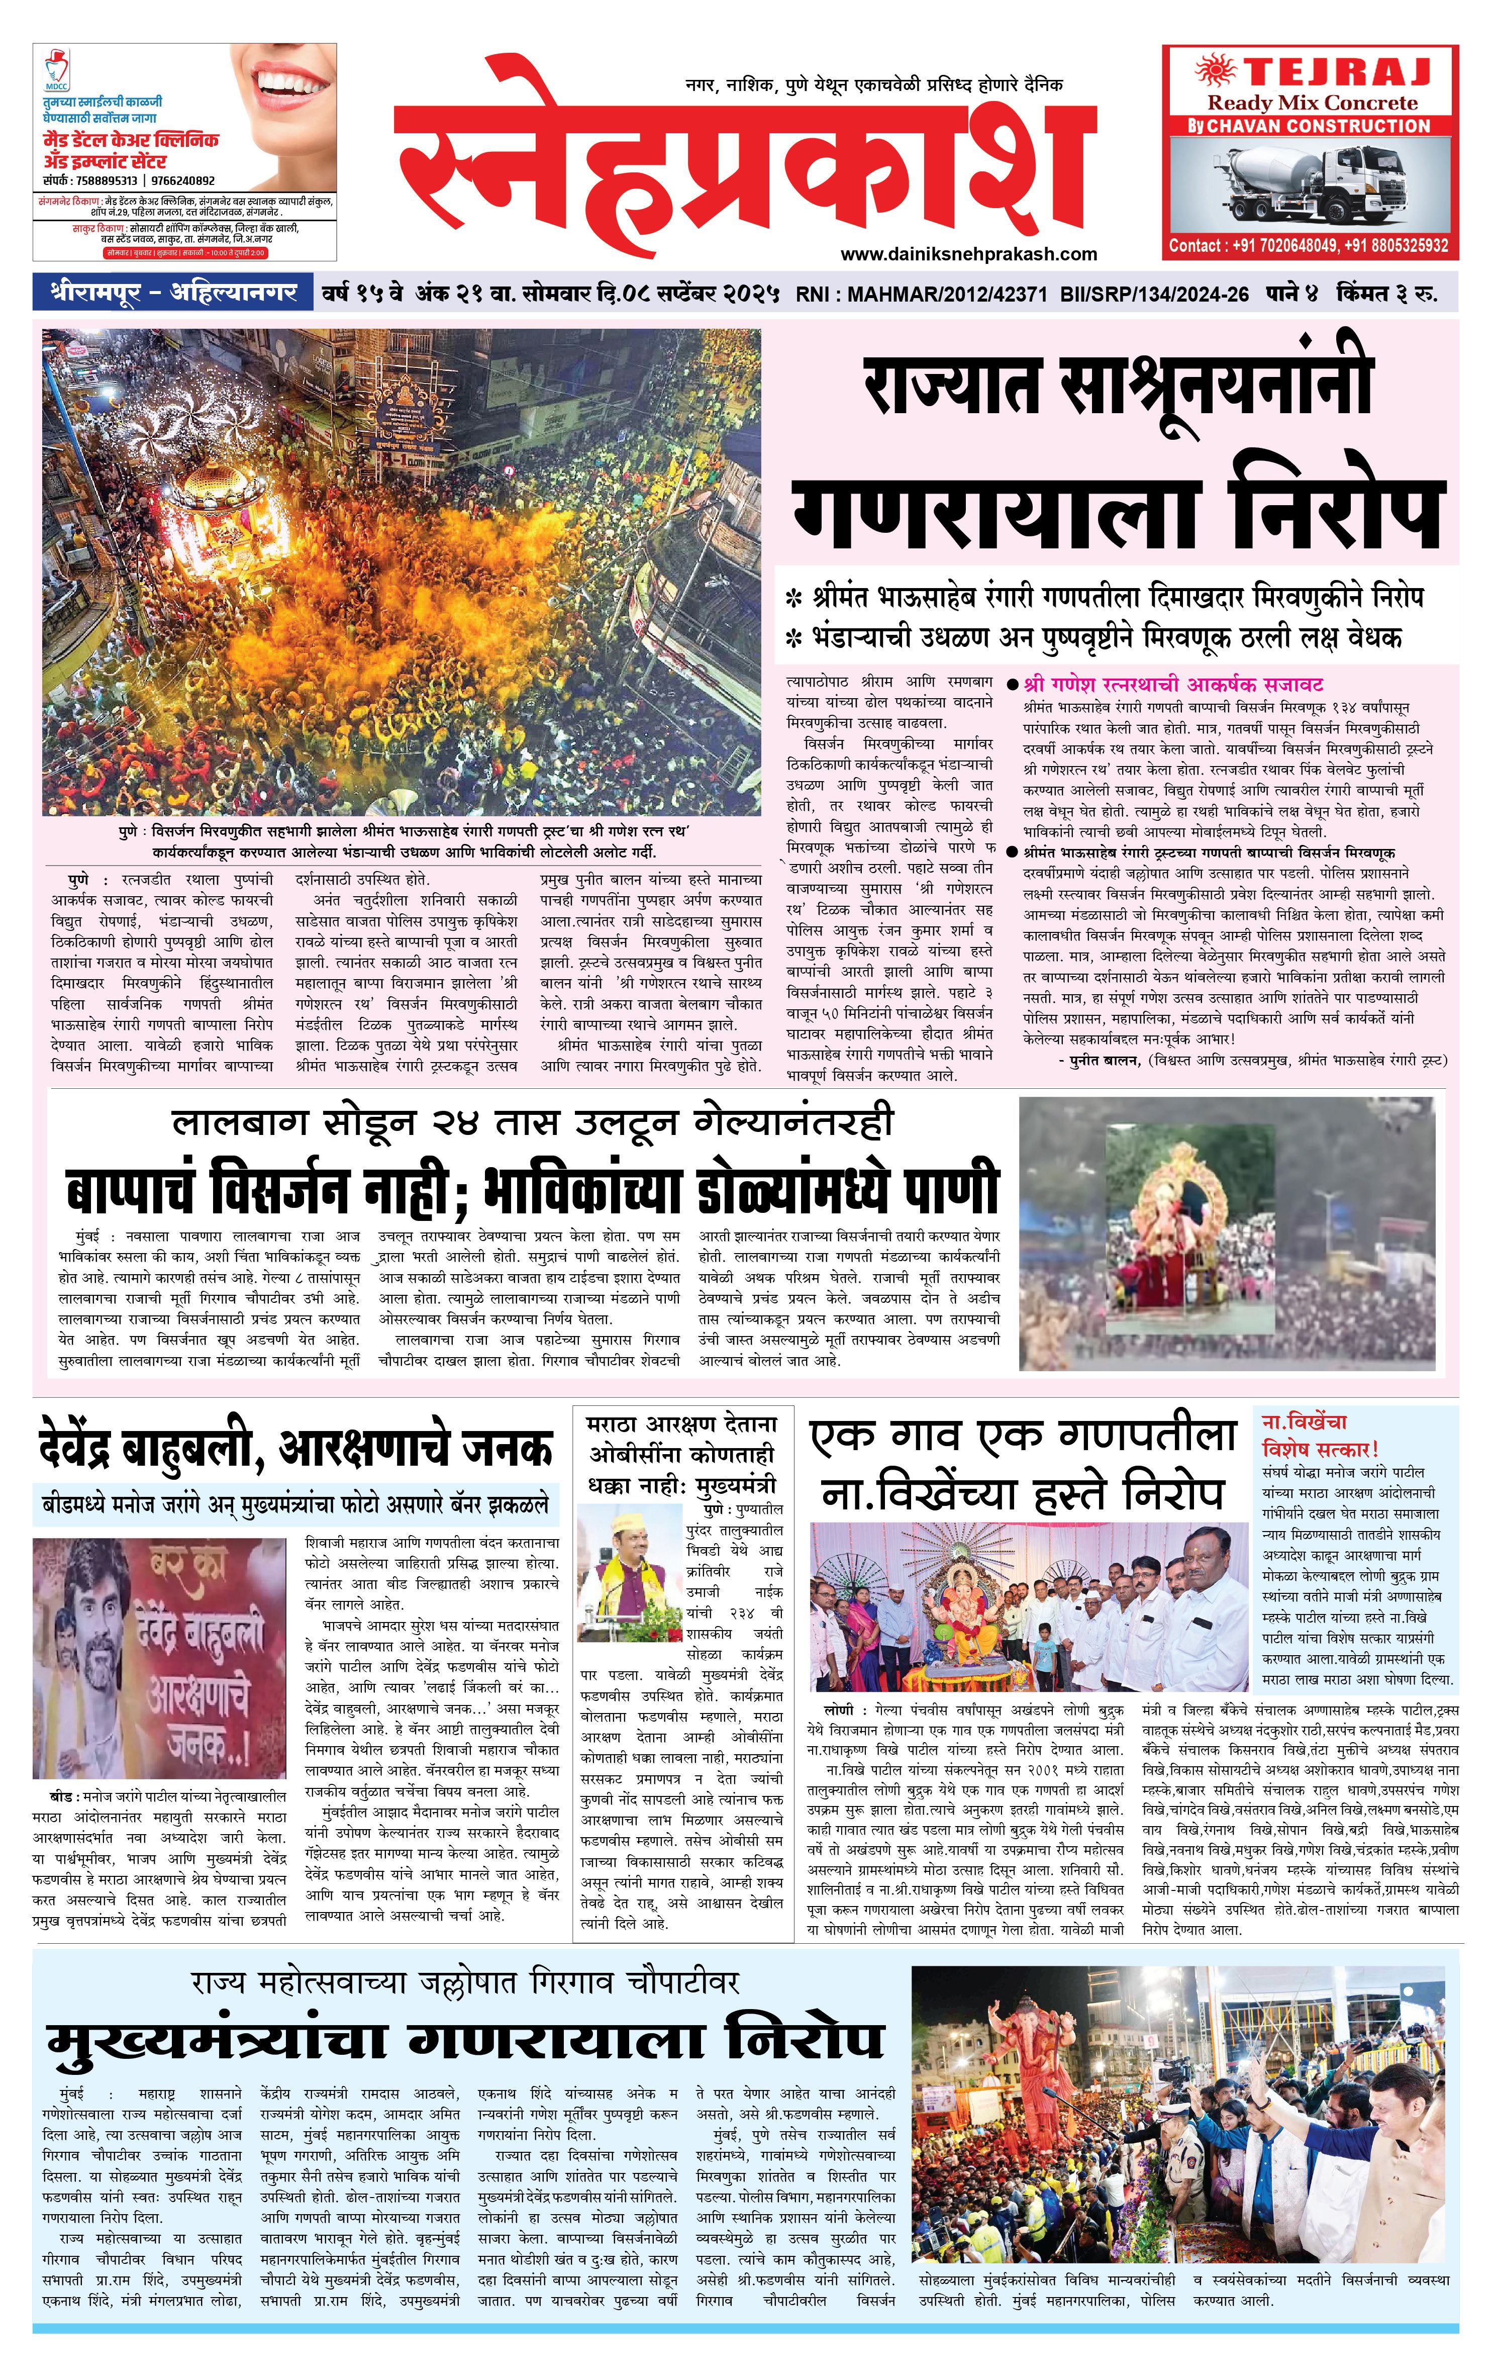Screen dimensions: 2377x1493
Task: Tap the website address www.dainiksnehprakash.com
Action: tap(968, 254)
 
